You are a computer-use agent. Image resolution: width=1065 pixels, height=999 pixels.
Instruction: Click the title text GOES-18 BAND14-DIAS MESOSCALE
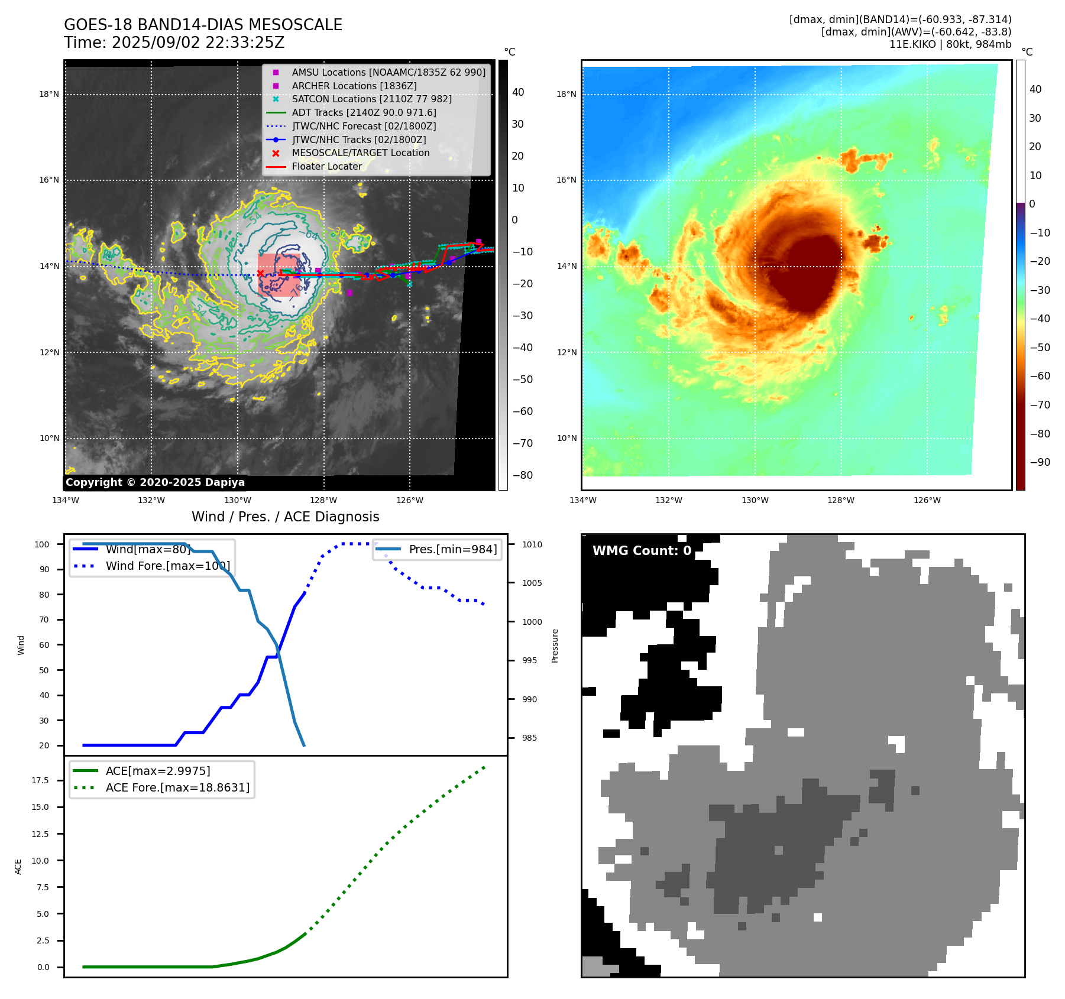[x=203, y=25]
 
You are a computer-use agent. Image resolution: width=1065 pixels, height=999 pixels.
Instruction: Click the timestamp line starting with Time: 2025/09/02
[x=174, y=43]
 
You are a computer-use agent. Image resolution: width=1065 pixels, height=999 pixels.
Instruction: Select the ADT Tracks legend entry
[x=364, y=112]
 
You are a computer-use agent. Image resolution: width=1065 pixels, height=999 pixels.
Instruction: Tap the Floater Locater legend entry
[x=326, y=166]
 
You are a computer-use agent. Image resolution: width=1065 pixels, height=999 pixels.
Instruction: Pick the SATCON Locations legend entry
[x=371, y=99]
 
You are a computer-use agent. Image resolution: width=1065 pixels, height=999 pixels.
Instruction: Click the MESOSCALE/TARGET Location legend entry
[x=360, y=153]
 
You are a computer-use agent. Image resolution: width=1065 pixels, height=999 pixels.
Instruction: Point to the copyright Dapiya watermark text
[x=155, y=482]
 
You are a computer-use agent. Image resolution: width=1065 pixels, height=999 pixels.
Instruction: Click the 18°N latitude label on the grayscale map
[x=49, y=94]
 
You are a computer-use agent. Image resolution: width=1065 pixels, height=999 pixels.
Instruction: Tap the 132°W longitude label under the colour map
[x=668, y=500]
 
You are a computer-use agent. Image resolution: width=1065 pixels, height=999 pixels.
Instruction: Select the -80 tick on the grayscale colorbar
[x=522, y=475]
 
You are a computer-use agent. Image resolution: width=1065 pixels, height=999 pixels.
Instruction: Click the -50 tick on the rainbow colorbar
[x=1040, y=348]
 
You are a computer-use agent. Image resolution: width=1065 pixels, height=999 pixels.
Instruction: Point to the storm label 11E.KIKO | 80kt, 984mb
[x=950, y=44]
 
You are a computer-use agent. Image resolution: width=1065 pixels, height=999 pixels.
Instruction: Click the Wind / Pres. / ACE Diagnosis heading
[x=285, y=517]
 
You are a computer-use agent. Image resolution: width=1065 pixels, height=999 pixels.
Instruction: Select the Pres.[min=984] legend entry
[x=452, y=549]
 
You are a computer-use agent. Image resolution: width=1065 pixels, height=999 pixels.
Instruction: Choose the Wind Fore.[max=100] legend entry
[x=167, y=566]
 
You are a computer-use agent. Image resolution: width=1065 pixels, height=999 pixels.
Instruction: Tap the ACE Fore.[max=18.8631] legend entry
[x=177, y=787]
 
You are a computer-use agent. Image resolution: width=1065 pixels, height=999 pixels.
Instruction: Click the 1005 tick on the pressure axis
[x=532, y=583]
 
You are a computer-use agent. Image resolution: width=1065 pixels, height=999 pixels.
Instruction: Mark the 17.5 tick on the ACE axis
[x=40, y=780]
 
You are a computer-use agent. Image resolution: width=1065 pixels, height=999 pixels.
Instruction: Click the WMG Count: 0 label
[x=642, y=551]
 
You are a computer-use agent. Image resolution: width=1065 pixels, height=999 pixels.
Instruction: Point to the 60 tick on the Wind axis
[x=44, y=645]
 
